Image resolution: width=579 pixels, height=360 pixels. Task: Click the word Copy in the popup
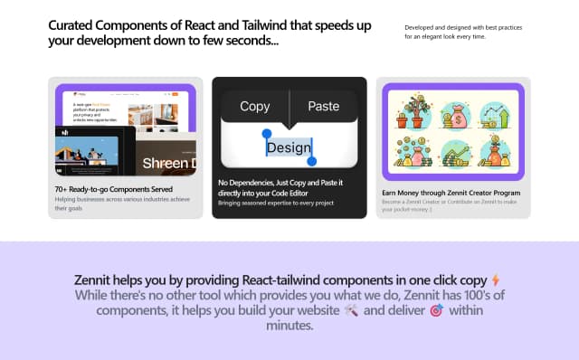(x=254, y=106)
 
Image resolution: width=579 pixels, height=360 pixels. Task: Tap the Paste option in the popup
(x=323, y=106)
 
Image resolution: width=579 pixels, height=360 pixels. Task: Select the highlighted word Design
(x=289, y=147)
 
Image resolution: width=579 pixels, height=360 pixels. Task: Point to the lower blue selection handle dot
(x=312, y=161)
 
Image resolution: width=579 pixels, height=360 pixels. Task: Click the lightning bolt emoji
(x=494, y=280)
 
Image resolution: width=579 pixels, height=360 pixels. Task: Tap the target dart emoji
(x=435, y=310)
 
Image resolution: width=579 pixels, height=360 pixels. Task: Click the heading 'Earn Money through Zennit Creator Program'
(x=451, y=193)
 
